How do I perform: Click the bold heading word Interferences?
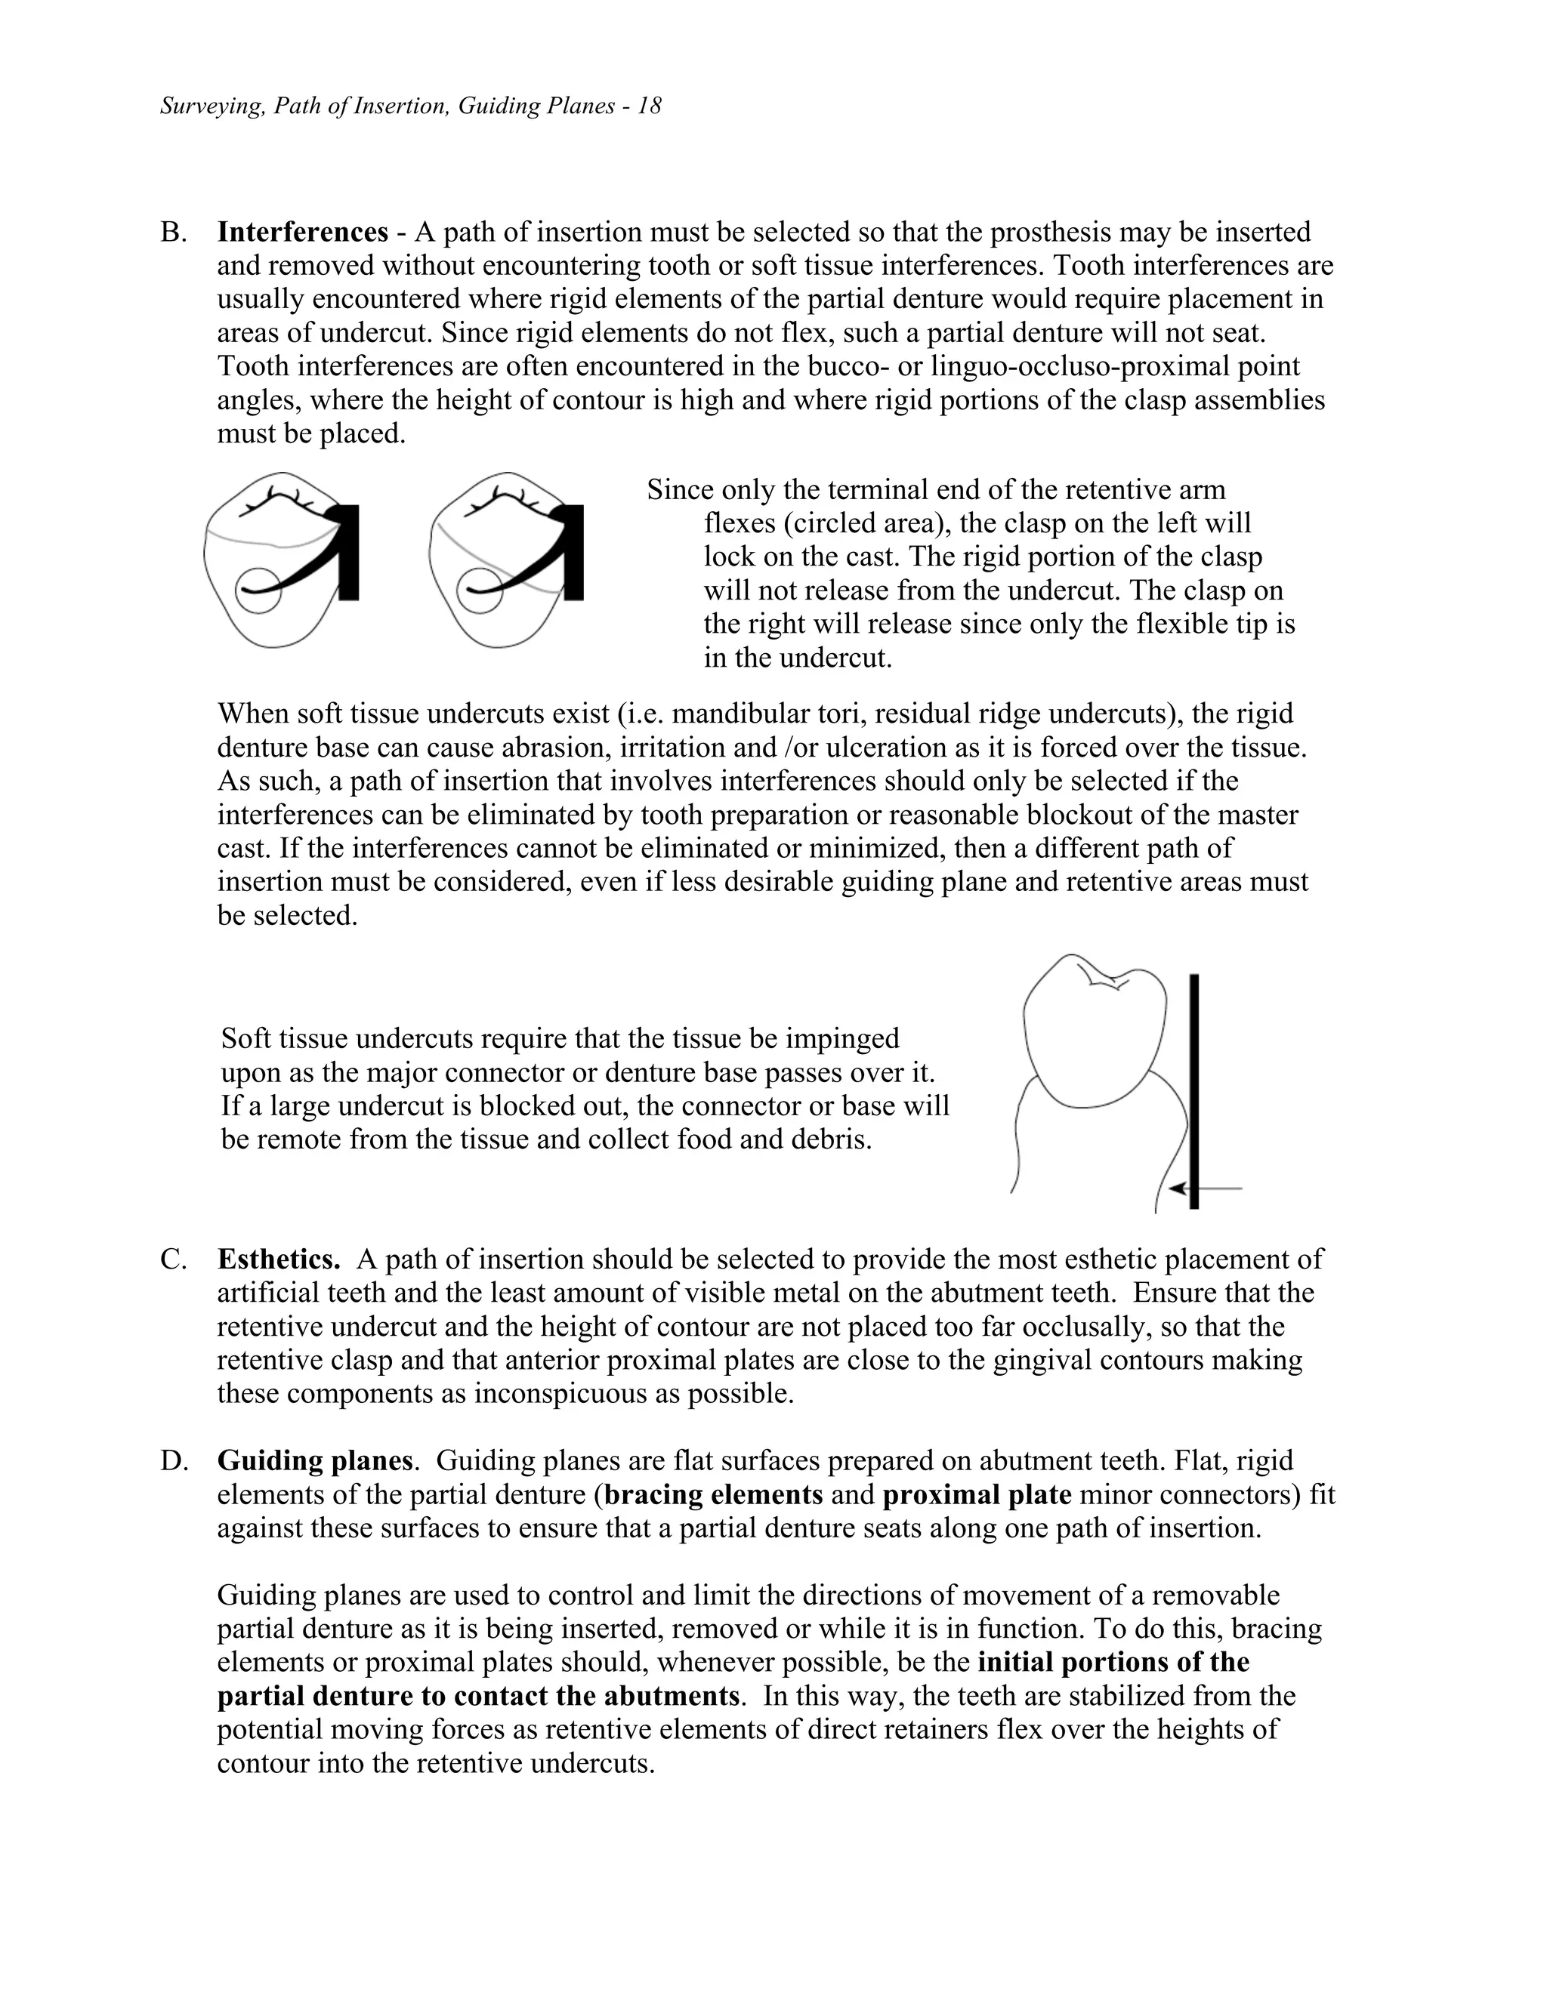coord(302,232)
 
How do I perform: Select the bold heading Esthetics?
coord(279,1259)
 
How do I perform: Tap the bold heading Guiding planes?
coord(314,1460)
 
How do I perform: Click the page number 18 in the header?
coord(650,106)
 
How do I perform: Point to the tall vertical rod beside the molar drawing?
coord(1193,1090)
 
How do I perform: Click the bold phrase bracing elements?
coord(714,1494)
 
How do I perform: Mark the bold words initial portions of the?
coord(1113,1662)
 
